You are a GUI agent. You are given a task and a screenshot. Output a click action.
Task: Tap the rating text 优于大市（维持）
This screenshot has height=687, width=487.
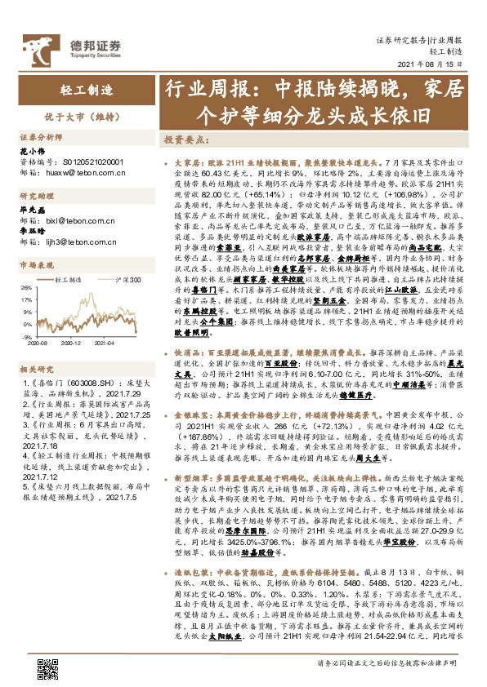pos(71,116)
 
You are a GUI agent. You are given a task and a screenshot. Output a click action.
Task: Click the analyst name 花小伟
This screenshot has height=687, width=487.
pos(30,151)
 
